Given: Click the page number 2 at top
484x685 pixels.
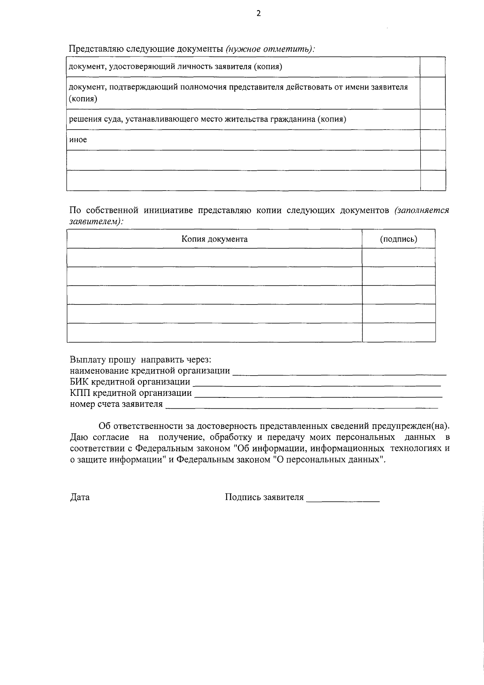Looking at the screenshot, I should (259, 14).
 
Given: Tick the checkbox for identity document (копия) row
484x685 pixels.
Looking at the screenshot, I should (433, 67).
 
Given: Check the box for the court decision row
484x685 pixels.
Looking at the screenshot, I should (433, 119).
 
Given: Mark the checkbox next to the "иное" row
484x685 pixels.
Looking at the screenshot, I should (433, 140).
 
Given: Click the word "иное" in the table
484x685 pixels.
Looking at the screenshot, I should (78, 140).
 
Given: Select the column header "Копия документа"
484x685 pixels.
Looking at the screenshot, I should (214, 239).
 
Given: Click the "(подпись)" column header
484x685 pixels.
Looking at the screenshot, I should (398, 239).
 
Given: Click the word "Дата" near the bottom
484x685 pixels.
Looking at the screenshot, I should (80, 497).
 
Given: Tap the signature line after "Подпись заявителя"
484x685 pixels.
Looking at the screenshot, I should (343, 498).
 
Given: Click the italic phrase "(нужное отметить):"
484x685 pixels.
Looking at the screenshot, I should (270, 49).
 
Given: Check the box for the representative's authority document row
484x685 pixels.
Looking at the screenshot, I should (433, 93).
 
